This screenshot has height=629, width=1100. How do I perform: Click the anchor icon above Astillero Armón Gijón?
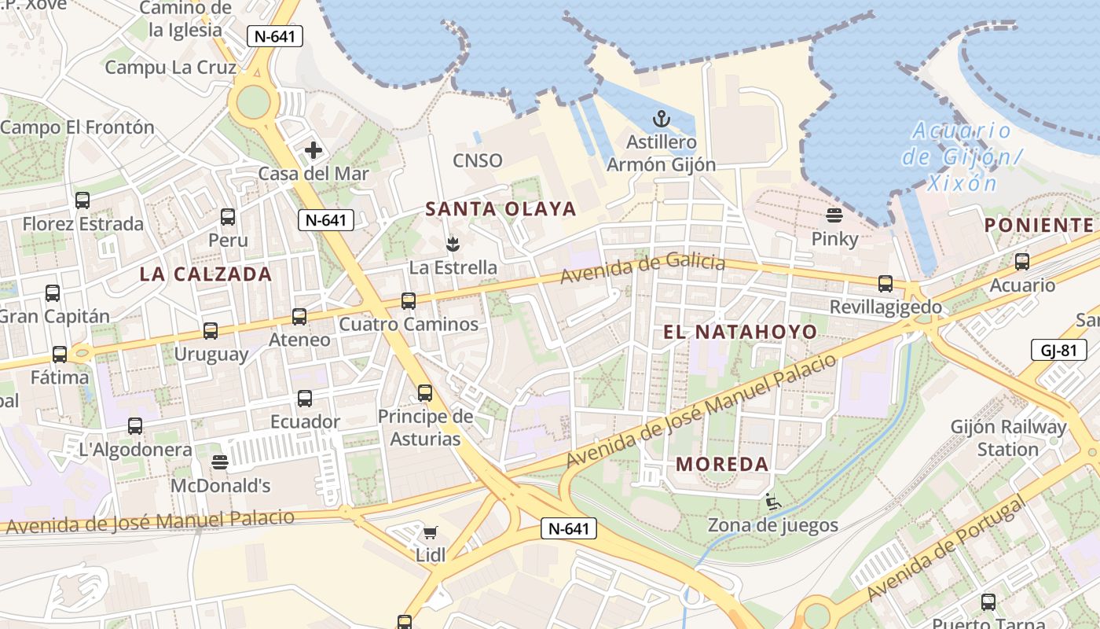click(662, 120)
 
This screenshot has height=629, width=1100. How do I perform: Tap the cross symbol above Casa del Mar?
click(313, 150)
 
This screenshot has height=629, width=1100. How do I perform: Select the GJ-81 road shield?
click(1058, 350)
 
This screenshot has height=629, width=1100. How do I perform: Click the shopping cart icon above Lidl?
click(431, 533)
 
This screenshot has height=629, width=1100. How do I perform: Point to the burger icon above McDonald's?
click(220, 462)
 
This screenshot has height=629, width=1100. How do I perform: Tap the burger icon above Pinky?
click(834, 215)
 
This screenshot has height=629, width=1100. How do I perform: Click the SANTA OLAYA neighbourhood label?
click(501, 209)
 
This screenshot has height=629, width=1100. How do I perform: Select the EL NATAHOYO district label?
click(740, 332)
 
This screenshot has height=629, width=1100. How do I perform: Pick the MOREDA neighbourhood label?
click(722, 464)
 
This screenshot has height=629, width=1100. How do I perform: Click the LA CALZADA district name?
click(206, 274)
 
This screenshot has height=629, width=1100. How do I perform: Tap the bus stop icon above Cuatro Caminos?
click(409, 300)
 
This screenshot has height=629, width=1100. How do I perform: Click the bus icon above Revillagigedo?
click(885, 284)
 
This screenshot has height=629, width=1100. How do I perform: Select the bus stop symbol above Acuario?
click(1022, 262)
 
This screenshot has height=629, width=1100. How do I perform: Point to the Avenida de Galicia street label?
click(643, 268)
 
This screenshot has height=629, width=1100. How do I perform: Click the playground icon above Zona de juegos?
click(773, 502)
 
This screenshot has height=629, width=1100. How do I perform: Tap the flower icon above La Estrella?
click(453, 244)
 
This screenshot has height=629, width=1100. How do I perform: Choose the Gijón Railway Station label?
click(1008, 438)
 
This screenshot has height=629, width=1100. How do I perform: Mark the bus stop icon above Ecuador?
click(305, 399)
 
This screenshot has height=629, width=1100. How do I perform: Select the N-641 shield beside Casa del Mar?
click(325, 220)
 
